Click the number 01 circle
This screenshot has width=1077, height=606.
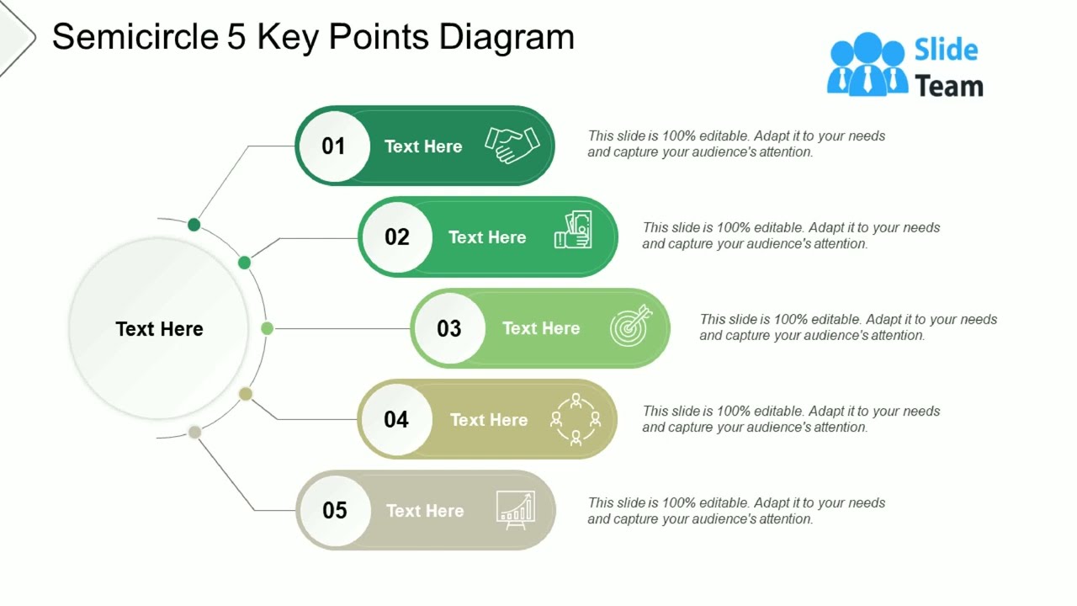[333, 146]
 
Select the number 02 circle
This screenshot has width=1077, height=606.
[396, 237]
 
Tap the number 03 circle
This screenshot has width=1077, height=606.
[448, 328]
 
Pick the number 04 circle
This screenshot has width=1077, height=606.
[395, 419]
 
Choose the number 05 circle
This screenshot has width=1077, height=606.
[334, 510]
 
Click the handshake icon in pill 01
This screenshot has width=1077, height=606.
[512, 146]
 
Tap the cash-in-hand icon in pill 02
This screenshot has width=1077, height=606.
[574, 230]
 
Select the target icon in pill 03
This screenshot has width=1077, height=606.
[630, 327]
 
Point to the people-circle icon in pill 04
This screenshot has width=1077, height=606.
[576, 418]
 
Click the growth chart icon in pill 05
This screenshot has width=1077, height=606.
[515, 510]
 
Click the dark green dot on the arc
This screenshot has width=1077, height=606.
[194, 225]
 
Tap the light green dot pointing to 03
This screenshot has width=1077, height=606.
[267, 328]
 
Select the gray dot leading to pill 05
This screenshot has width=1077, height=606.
[194, 432]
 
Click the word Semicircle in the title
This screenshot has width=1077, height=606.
[134, 37]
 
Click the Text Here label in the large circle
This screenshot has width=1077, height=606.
[159, 329]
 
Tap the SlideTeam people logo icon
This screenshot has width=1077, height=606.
[867, 65]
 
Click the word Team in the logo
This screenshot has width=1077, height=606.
[948, 86]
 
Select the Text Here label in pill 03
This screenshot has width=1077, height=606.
[540, 328]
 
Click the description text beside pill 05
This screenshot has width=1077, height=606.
[736, 511]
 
